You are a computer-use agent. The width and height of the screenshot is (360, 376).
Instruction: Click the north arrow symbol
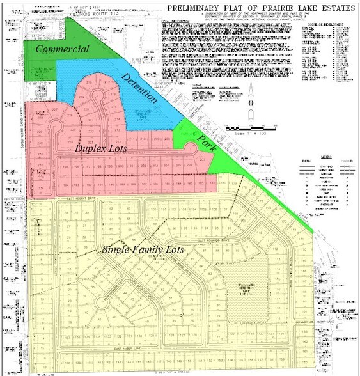[x=252, y=100]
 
